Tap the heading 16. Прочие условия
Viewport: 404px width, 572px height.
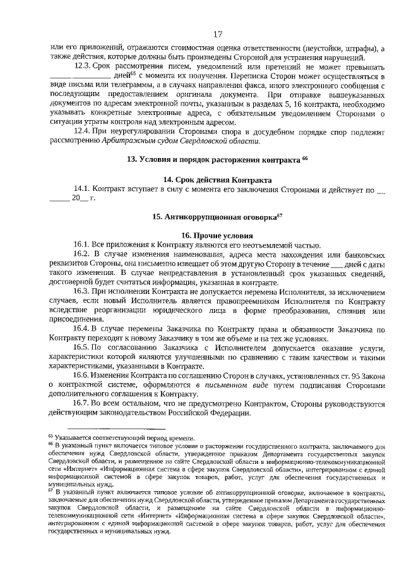(217, 235)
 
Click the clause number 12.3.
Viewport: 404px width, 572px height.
(83, 66)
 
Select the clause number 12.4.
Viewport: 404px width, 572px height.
(83, 131)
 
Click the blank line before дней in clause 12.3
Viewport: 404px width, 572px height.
(80, 77)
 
